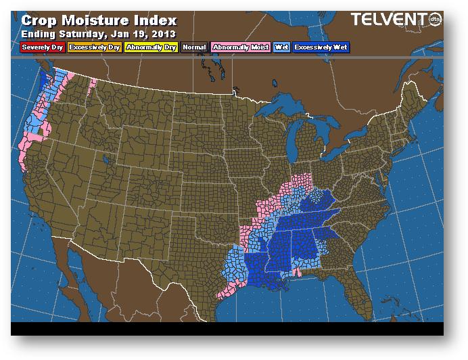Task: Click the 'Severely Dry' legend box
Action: (43, 47)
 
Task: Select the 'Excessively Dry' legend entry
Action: (94, 47)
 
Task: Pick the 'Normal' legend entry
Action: (194, 47)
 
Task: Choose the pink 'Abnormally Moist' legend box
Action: (240, 47)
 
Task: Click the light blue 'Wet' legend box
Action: (281, 47)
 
